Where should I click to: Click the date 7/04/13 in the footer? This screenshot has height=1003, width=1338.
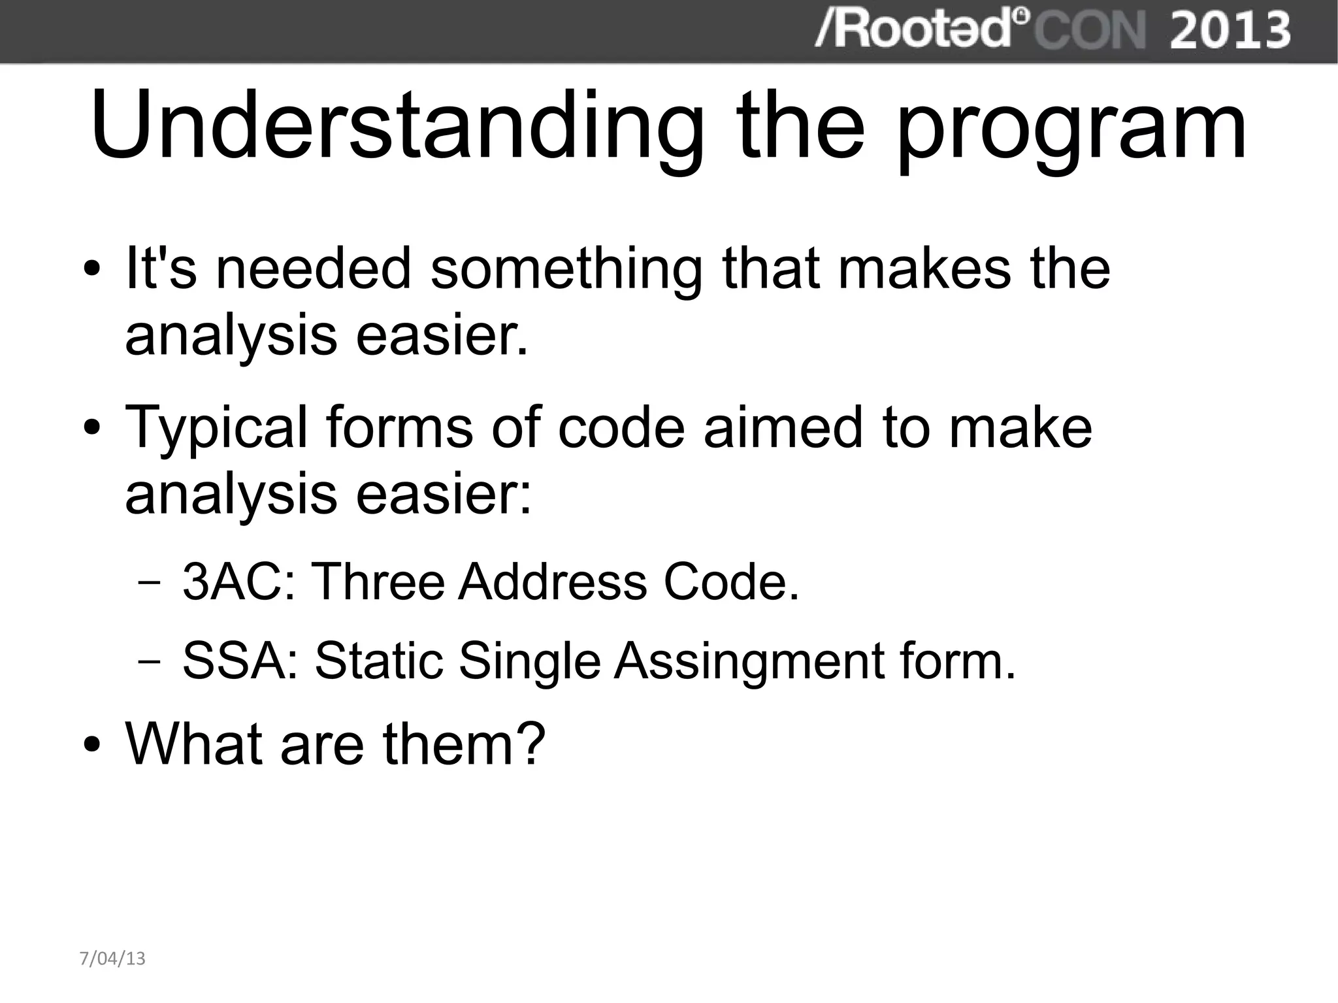coord(112,959)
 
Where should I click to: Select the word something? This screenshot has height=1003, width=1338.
coord(566,269)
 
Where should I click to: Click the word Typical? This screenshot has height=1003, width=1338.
coord(216,428)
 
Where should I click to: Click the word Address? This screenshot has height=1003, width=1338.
coord(552,581)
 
